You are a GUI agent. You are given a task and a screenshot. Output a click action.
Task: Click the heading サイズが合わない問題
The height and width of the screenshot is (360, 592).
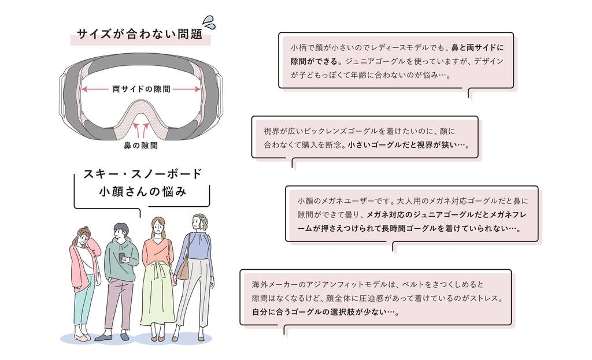click(x=140, y=34)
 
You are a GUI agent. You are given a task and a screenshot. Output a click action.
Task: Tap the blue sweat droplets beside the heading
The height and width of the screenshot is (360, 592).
click(x=209, y=23)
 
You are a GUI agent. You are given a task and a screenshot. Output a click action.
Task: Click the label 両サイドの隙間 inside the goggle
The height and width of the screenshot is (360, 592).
click(x=141, y=89)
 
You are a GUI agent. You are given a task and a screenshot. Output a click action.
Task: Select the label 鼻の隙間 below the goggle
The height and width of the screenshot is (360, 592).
click(x=141, y=145)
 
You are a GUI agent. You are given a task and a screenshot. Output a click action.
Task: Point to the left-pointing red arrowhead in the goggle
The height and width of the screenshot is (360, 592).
click(x=85, y=90)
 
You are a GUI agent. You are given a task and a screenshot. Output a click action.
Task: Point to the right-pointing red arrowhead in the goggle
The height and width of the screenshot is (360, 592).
click(x=197, y=90)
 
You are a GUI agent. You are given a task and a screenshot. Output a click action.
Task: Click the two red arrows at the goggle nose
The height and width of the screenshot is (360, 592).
click(x=141, y=130)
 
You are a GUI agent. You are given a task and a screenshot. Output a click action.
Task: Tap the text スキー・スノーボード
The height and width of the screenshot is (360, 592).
click(x=143, y=174)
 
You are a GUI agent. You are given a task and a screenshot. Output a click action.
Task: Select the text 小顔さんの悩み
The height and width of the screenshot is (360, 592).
click(x=143, y=192)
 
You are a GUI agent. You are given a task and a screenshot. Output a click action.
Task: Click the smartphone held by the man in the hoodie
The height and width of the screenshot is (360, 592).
click(x=121, y=258)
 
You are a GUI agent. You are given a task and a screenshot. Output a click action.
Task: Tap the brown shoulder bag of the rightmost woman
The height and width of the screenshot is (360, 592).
click(x=183, y=270)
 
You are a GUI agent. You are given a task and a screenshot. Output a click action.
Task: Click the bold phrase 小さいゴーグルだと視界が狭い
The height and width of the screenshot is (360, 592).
click(x=406, y=145)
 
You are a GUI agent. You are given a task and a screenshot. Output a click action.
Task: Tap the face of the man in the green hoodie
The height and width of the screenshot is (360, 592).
click(x=120, y=232)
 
